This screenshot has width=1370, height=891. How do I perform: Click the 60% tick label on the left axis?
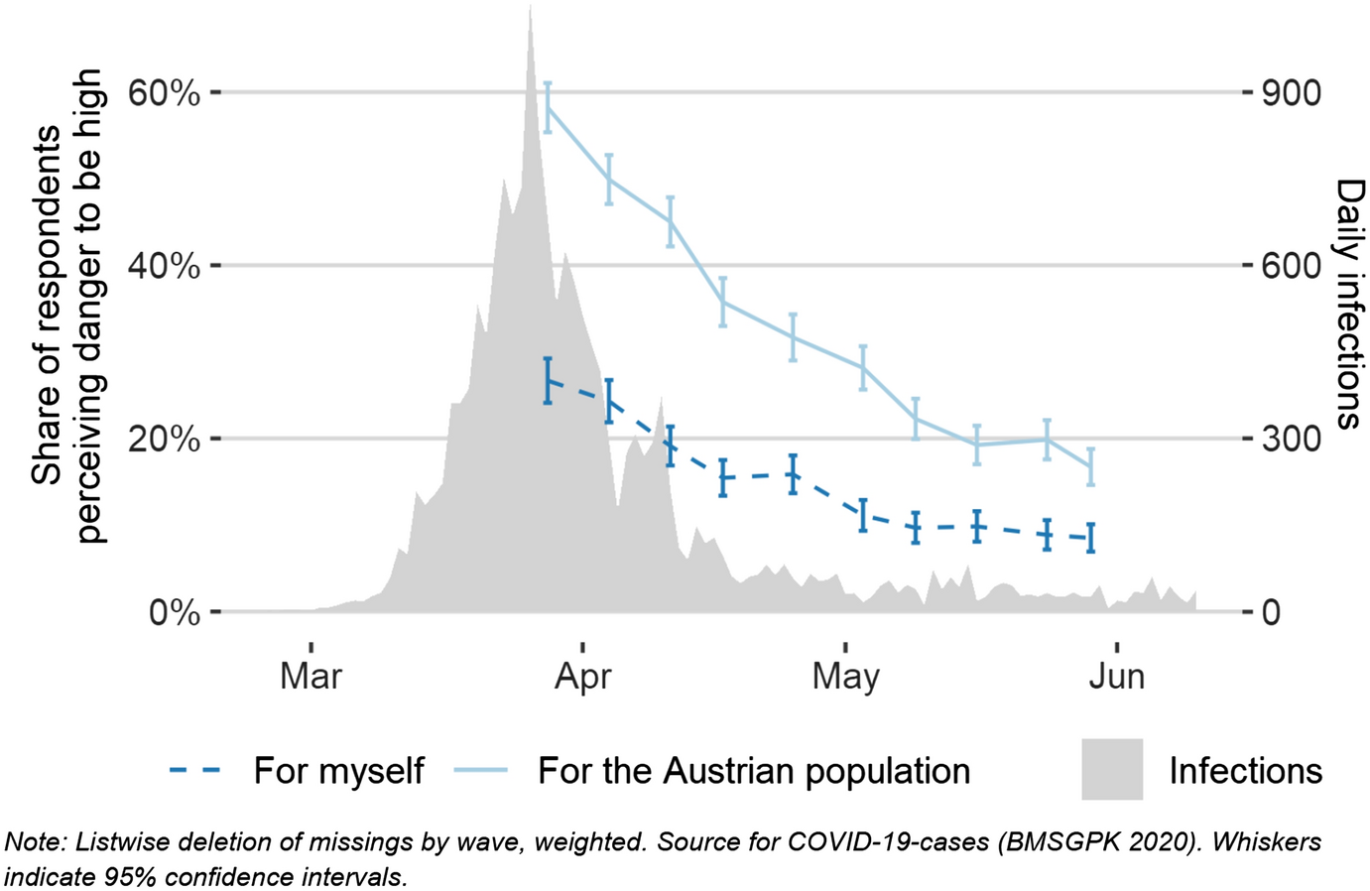click(x=164, y=93)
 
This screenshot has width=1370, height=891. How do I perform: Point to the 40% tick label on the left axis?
click(x=164, y=266)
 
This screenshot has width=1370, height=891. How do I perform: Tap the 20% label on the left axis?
click(x=164, y=440)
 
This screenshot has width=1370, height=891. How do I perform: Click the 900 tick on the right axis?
click(x=1291, y=93)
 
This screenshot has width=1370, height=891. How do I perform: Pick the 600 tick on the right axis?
click(x=1291, y=266)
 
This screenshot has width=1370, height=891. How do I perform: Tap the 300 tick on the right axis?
click(x=1291, y=440)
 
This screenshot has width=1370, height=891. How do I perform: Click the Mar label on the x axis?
click(x=311, y=677)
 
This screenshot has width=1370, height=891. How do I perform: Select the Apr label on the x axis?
click(x=582, y=677)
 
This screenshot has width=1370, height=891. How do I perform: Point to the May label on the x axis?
click(x=845, y=677)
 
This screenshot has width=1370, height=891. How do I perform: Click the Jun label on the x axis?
click(x=1117, y=677)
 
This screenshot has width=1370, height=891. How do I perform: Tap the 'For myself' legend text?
click(x=338, y=771)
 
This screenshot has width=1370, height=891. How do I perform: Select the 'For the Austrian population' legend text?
click(x=754, y=771)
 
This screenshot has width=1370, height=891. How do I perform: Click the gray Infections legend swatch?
click(x=1112, y=769)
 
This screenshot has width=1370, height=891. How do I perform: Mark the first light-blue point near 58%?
click(x=548, y=106)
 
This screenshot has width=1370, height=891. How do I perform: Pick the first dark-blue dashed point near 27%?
click(x=548, y=380)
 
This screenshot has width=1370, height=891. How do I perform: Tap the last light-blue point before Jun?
click(x=1090, y=466)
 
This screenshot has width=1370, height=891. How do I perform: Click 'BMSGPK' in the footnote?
click(x=1065, y=842)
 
